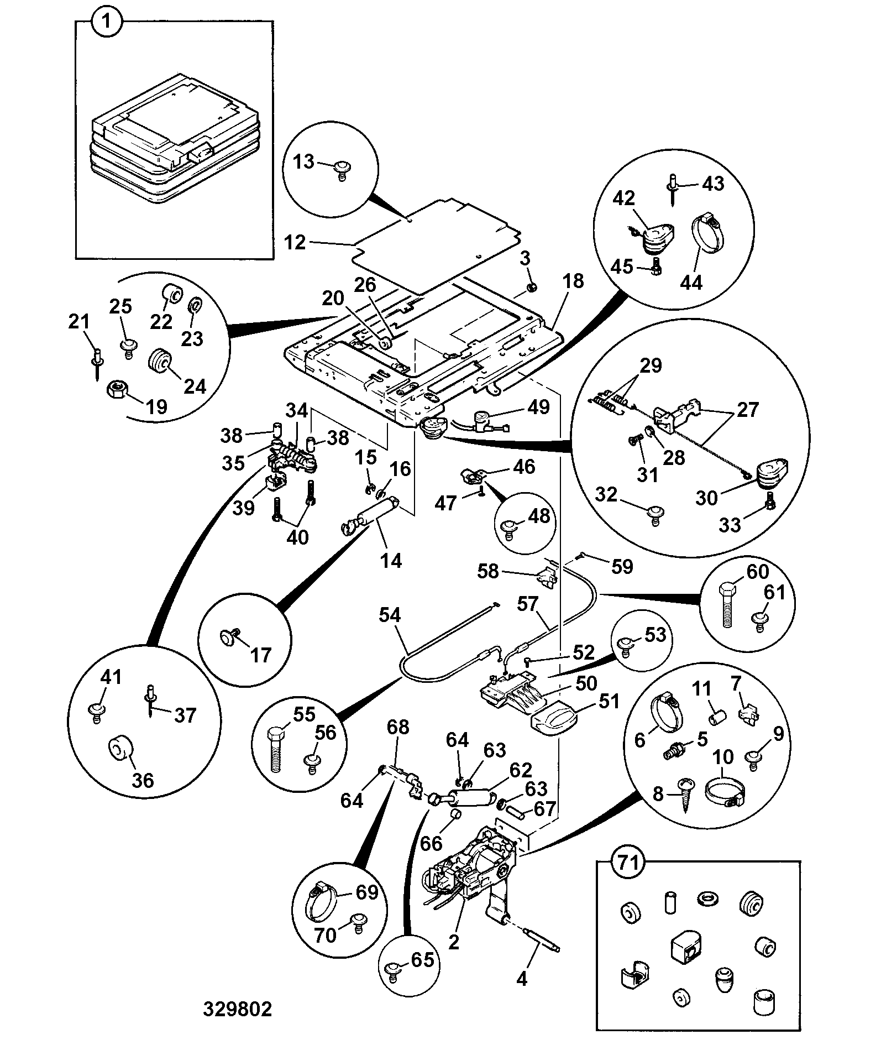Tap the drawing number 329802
tap(237, 1009)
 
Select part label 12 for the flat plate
tap(295, 242)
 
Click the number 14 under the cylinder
tap(391, 561)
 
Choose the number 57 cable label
tap(528, 603)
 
